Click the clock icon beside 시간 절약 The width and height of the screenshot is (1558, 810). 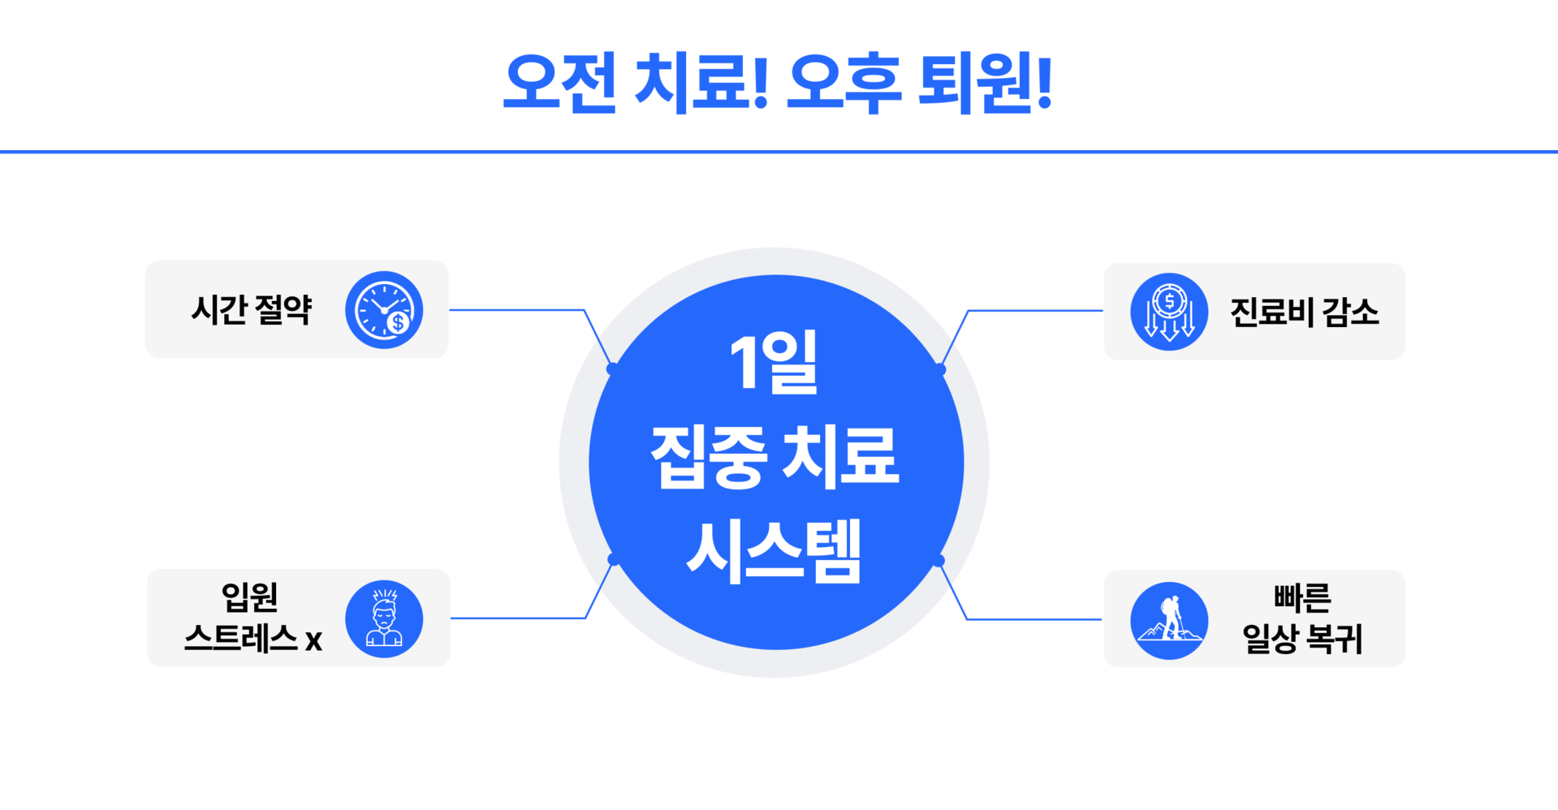pos(383,310)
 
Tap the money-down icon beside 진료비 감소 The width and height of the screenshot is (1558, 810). pos(1168,312)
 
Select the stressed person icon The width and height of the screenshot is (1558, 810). pos(383,619)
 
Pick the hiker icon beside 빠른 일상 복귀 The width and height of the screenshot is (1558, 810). pos(1168,621)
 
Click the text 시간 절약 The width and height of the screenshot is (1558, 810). pos(251,310)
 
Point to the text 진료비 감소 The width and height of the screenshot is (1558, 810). pos(1304,312)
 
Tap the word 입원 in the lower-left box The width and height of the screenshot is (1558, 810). pos(250,597)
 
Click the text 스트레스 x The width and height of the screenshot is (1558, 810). pos(252,640)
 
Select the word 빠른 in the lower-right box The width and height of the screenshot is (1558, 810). pos(1302,599)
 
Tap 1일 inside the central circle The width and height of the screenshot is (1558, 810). pos(774,364)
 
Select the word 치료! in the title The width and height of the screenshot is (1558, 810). pos(701,83)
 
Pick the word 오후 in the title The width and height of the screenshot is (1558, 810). pos(844,83)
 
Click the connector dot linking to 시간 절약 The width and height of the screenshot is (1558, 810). pos(612,369)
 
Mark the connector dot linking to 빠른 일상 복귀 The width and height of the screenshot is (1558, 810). pos(939,560)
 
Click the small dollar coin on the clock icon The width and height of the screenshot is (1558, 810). pos(398,323)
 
